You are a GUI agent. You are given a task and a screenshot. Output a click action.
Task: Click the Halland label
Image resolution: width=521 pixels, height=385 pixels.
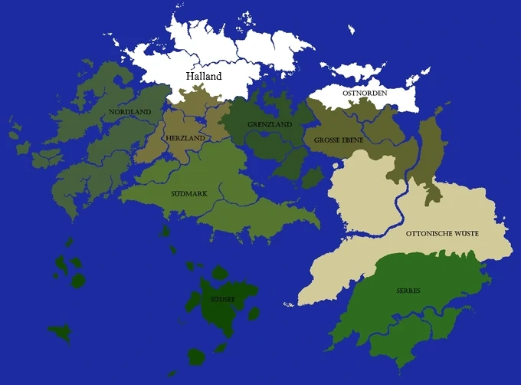pos(205,76)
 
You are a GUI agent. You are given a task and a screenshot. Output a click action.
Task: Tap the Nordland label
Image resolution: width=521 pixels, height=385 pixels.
pos(129,112)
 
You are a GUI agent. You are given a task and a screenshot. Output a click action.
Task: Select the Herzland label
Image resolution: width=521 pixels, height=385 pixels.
pos(185,137)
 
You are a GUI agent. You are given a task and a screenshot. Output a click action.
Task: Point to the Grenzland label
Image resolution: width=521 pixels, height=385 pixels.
pos(269,124)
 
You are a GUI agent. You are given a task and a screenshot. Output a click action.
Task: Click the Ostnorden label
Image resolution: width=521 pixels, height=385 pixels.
pos(365,94)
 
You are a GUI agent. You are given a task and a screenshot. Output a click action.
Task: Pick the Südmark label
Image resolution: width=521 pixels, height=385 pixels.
pos(188,193)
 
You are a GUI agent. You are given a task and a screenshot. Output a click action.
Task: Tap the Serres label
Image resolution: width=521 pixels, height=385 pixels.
pos(408,291)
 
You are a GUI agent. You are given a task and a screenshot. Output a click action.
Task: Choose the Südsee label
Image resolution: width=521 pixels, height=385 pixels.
pos(222,299)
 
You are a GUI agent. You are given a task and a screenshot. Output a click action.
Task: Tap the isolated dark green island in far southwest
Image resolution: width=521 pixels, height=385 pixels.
pos(59,332)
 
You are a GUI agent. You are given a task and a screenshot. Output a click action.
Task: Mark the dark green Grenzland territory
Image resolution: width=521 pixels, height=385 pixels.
pos(264,142)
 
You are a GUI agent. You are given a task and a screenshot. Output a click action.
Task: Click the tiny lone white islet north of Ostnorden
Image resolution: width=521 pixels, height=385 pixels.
pos(351,30)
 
